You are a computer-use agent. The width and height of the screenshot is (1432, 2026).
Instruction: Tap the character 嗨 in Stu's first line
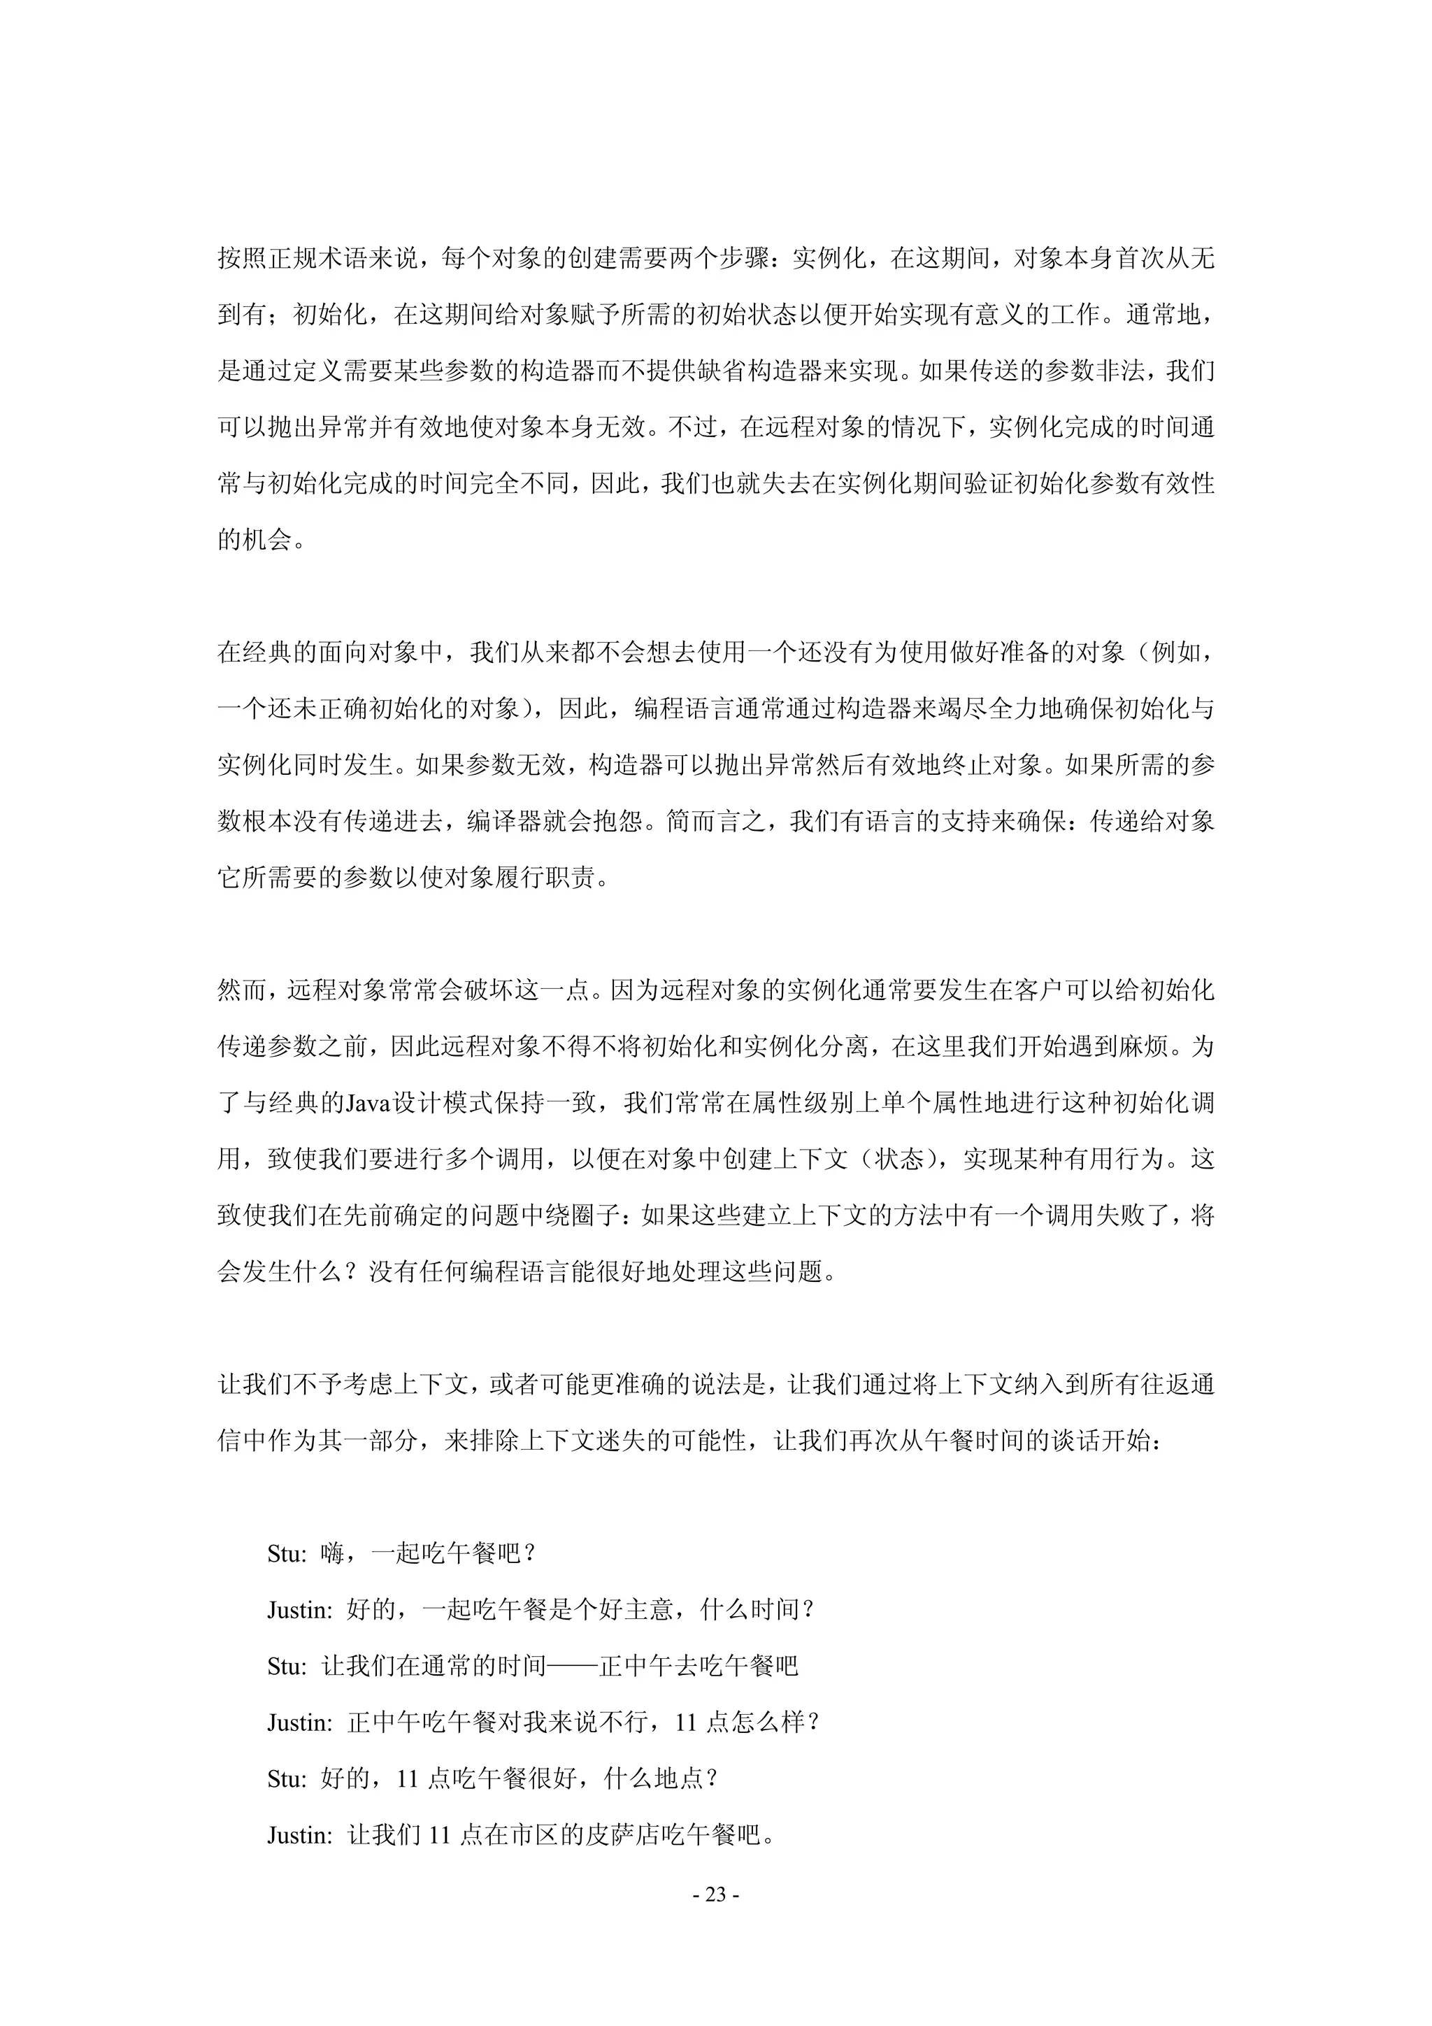[x=331, y=1554]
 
